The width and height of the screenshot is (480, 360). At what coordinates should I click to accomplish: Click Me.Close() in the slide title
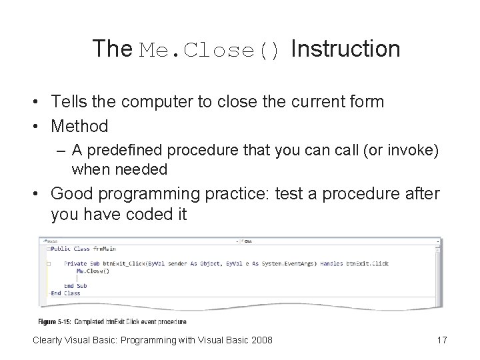point(212,51)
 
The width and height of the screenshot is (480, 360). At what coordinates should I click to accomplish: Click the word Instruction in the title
point(345,49)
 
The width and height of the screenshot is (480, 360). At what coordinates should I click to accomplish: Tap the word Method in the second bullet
point(79,125)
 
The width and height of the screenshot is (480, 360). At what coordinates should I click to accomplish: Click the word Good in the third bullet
point(69,194)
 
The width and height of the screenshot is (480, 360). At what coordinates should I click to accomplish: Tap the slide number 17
point(441,341)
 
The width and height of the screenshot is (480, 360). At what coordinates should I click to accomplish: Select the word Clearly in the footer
point(49,341)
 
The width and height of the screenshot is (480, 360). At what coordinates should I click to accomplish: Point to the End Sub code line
point(75,286)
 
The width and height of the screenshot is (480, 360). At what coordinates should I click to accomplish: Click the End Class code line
point(65,293)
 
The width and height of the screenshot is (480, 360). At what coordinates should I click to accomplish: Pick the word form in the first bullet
point(369,102)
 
